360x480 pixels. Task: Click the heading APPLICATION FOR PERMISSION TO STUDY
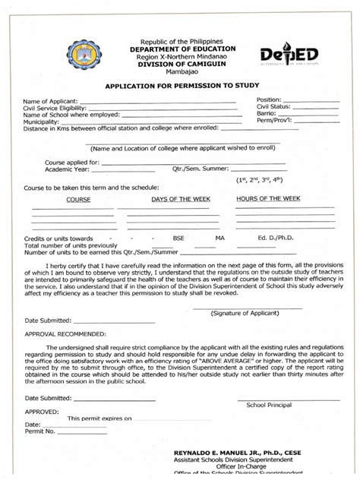(x=179, y=87)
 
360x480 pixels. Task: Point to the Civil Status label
(x=274, y=107)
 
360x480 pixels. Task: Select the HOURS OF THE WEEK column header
(x=268, y=198)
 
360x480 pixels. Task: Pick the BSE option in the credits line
(x=178, y=238)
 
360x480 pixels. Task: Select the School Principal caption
(x=268, y=405)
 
